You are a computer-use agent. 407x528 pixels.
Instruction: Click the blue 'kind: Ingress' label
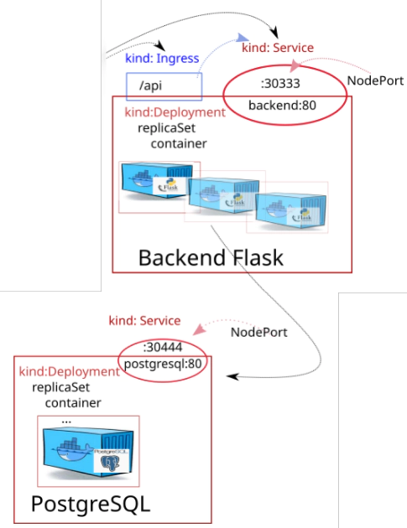coord(162,59)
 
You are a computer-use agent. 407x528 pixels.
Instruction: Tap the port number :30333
coord(280,84)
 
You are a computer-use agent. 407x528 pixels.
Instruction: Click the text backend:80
coord(282,106)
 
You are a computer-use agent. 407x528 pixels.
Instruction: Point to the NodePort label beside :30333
coord(375,80)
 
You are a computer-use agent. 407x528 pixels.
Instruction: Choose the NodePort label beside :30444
coord(259,333)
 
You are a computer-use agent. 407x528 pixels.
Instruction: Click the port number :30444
coord(163,347)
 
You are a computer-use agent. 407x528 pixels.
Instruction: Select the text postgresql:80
coord(163,364)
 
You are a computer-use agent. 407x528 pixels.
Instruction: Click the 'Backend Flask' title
coord(211,258)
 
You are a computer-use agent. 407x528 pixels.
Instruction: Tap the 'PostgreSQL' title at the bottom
coord(91,505)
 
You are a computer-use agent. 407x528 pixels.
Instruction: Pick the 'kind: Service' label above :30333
coord(278,48)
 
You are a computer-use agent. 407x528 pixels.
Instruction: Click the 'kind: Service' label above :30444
coord(144,320)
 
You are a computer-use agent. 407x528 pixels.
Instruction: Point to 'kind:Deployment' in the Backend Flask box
coord(175,112)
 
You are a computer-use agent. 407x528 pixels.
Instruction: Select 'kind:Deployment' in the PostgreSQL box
coord(69,372)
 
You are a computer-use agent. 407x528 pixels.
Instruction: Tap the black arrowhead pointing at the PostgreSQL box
coord(232,376)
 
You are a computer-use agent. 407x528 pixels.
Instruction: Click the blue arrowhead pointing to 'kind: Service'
coord(243,38)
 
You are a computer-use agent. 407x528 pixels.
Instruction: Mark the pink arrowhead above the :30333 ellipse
coord(295,65)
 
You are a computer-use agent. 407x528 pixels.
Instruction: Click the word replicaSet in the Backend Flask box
coord(167,128)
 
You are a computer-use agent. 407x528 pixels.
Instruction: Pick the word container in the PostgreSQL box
coord(73,403)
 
